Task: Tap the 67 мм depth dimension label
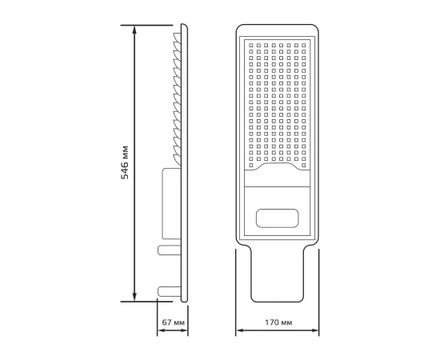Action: click(173, 322)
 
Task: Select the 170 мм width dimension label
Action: click(276, 322)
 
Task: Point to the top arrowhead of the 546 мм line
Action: click(135, 30)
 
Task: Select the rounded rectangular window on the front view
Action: click(276, 218)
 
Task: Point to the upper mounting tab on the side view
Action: click(168, 250)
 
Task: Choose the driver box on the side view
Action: click(171, 204)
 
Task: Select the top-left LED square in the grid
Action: click(251, 42)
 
